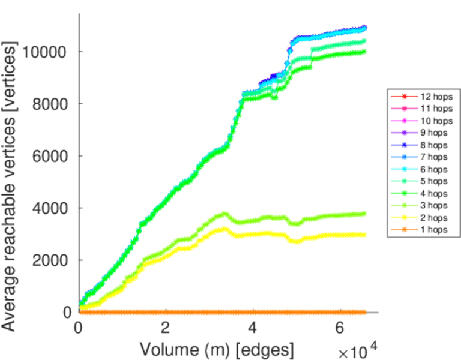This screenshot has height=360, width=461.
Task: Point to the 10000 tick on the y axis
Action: tap(47, 52)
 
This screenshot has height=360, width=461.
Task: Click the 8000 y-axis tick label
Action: tap(51, 104)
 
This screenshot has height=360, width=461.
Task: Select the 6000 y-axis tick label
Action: tap(51, 156)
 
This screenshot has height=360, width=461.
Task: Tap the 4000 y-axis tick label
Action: tap(51, 208)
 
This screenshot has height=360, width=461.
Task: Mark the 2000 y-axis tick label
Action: tap(51, 260)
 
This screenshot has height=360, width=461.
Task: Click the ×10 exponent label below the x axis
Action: tap(357, 348)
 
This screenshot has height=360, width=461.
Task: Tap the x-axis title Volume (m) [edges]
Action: tap(217, 348)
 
